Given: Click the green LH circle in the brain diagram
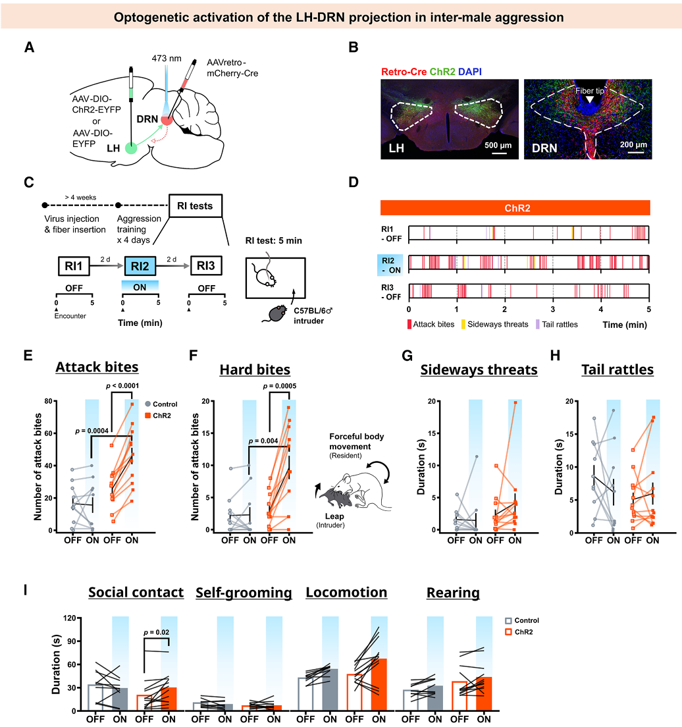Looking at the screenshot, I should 132,149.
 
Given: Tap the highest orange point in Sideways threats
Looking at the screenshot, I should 515,402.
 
